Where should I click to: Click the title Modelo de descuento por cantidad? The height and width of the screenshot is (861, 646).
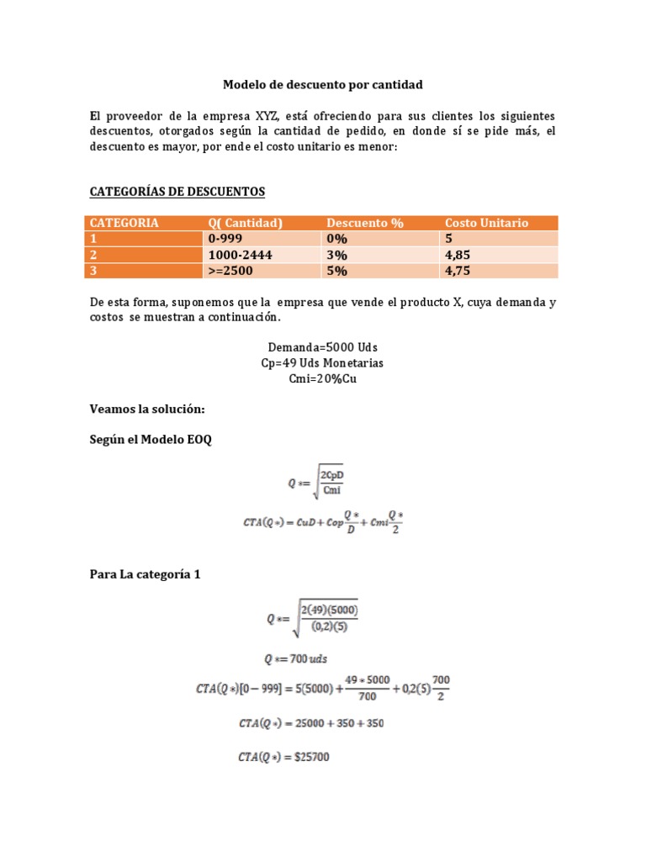(x=322, y=85)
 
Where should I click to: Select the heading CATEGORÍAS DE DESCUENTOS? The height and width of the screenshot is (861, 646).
(x=177, y=192)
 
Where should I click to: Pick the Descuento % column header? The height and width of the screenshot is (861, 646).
(x=365, y=223)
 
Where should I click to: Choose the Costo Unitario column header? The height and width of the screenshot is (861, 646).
(x=486, y=223)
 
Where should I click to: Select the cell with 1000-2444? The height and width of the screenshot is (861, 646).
(x=241, y=255)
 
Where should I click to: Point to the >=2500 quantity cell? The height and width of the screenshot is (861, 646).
(x=230, y=271)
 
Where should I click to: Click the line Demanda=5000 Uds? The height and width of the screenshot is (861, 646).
(x=322, y=347)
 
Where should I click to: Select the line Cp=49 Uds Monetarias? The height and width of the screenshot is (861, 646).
(x=322, y=362)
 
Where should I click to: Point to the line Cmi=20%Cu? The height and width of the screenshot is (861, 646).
(x=322, y=378)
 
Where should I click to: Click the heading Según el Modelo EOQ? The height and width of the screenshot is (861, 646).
(x=151, y=439)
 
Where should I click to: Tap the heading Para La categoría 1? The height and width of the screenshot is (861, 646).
(x=145, y=575)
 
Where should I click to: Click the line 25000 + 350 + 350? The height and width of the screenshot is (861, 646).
(x=310, y=723)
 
